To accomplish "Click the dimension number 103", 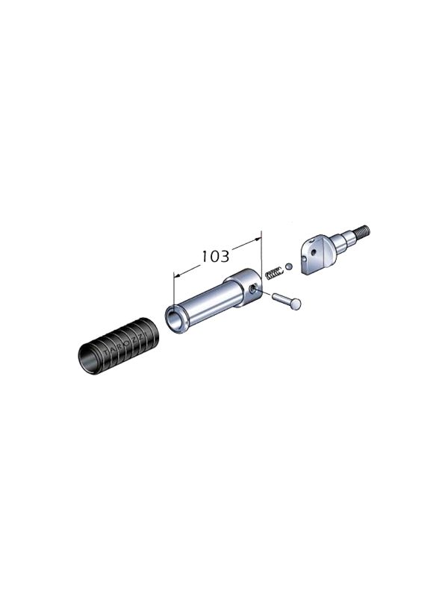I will pos(215,256).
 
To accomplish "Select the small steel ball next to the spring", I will pos(288,266).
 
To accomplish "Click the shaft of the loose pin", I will pos(281,298).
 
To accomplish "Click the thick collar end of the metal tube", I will pos(245,287).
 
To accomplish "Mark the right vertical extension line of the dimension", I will pos(262,254).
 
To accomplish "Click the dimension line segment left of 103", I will pos(187,269).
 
